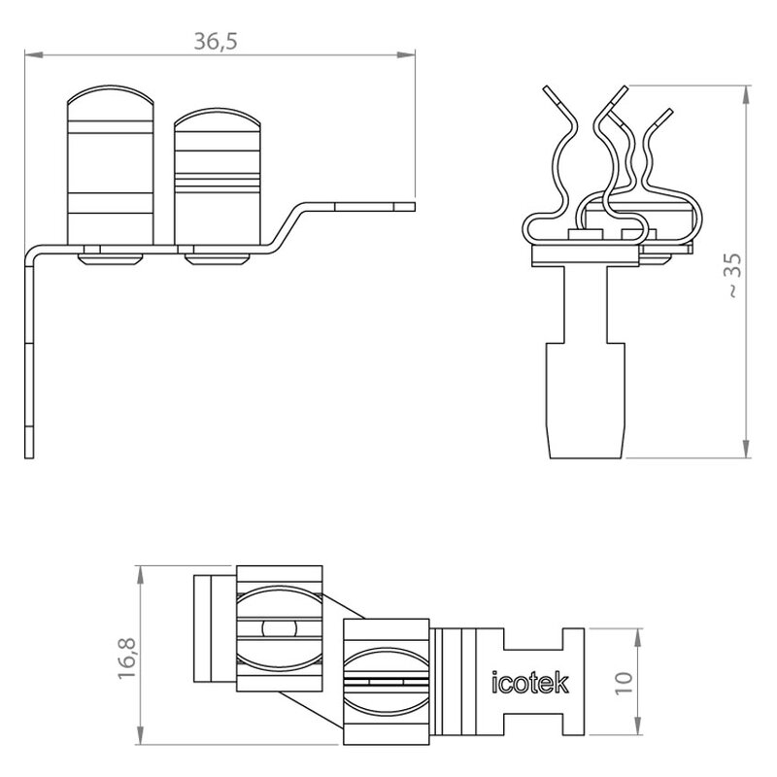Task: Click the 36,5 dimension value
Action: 215,41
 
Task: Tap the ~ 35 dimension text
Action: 734,275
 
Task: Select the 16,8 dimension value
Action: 127,659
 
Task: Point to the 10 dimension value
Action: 625,684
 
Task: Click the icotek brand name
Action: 529,683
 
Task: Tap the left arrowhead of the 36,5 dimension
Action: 33,54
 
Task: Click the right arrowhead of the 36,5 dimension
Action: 406,54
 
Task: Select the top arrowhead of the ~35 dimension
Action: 746,94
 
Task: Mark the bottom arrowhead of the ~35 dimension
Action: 746,449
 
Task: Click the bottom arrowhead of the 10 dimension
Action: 638,726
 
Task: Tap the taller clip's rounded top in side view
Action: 111,95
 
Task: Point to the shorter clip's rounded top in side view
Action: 217,118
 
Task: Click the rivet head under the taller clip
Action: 111,259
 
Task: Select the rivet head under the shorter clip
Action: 217,259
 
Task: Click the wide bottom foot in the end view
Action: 586,400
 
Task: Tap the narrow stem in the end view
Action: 586,304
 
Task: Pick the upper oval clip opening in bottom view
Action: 280,628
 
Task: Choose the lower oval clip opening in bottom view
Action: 386,682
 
